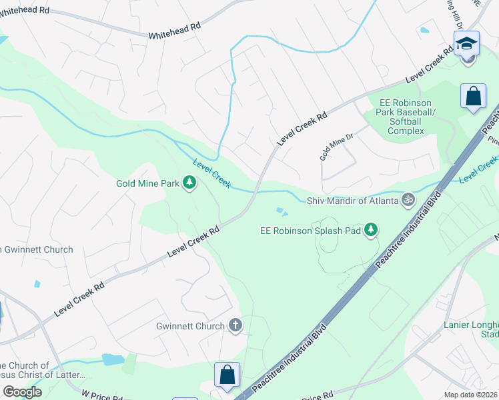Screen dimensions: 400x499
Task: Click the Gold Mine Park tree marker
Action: [x=189, y=183]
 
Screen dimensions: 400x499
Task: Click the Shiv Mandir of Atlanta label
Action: [x=352, y=201]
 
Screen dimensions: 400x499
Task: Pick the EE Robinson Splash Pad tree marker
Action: [x=371, y=231]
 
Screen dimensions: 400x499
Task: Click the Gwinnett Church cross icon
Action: [x=235, y=326]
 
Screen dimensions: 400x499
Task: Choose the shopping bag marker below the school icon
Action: [x=473, y=95]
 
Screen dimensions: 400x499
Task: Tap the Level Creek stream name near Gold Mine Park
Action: [x=212, y=174]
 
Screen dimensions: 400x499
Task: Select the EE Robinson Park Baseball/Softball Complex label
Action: [x=406, y=117]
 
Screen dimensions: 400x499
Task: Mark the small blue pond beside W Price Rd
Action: [x=112, y=360]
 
